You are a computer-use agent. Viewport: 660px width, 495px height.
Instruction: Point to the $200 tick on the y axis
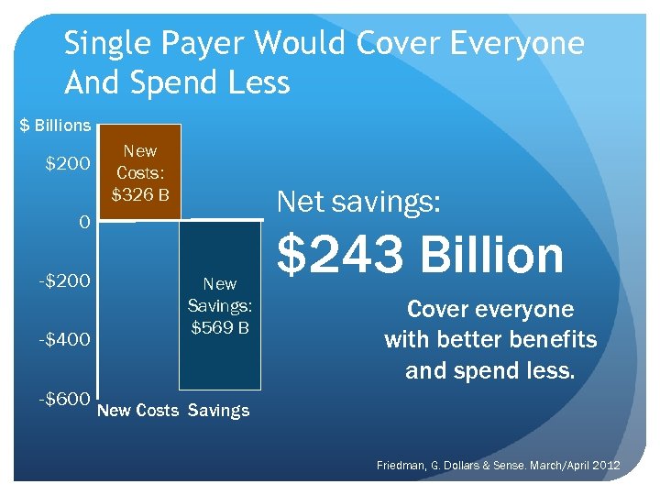click(x=69, y=165)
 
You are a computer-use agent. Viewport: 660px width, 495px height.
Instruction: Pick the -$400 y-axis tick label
click(x=64, y=340)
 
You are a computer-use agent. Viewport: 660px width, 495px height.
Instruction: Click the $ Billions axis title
click(x=56, y=125)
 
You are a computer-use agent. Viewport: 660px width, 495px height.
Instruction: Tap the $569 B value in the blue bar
click(x=219, y=326)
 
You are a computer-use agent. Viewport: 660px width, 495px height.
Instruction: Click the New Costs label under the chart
click(x=137, y=411)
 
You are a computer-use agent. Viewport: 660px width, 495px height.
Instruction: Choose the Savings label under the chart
click(x=218, y=411)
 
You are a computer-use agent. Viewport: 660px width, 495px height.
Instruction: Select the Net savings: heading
click(x=358, y=201)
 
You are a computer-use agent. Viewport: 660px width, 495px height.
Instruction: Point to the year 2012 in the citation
click(x=605, y=467)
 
